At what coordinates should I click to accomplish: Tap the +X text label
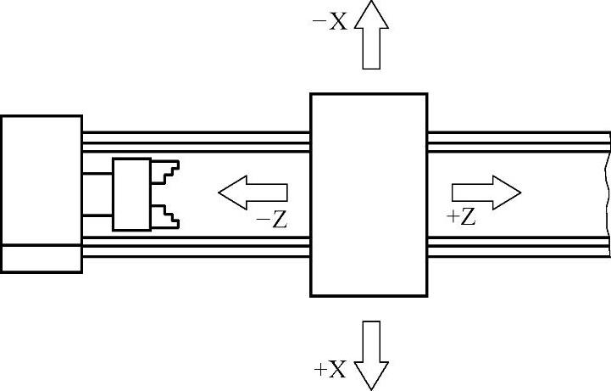point(330,369)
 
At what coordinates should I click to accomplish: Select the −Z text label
point(273,220)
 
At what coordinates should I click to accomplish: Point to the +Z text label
point(461,217)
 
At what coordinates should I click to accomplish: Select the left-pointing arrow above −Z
point(253,193)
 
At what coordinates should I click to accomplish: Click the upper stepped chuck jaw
point(167,172)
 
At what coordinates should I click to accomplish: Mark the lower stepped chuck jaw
point(167,215)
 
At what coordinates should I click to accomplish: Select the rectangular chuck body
point(132,194)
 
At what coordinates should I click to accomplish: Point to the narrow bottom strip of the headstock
point(41,259)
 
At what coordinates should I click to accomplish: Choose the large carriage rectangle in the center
point(369,194)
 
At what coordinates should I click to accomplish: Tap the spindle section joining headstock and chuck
point(97,194)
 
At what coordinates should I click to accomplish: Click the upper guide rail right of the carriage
point(517,142)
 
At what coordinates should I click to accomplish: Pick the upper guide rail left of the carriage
point(195,142)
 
